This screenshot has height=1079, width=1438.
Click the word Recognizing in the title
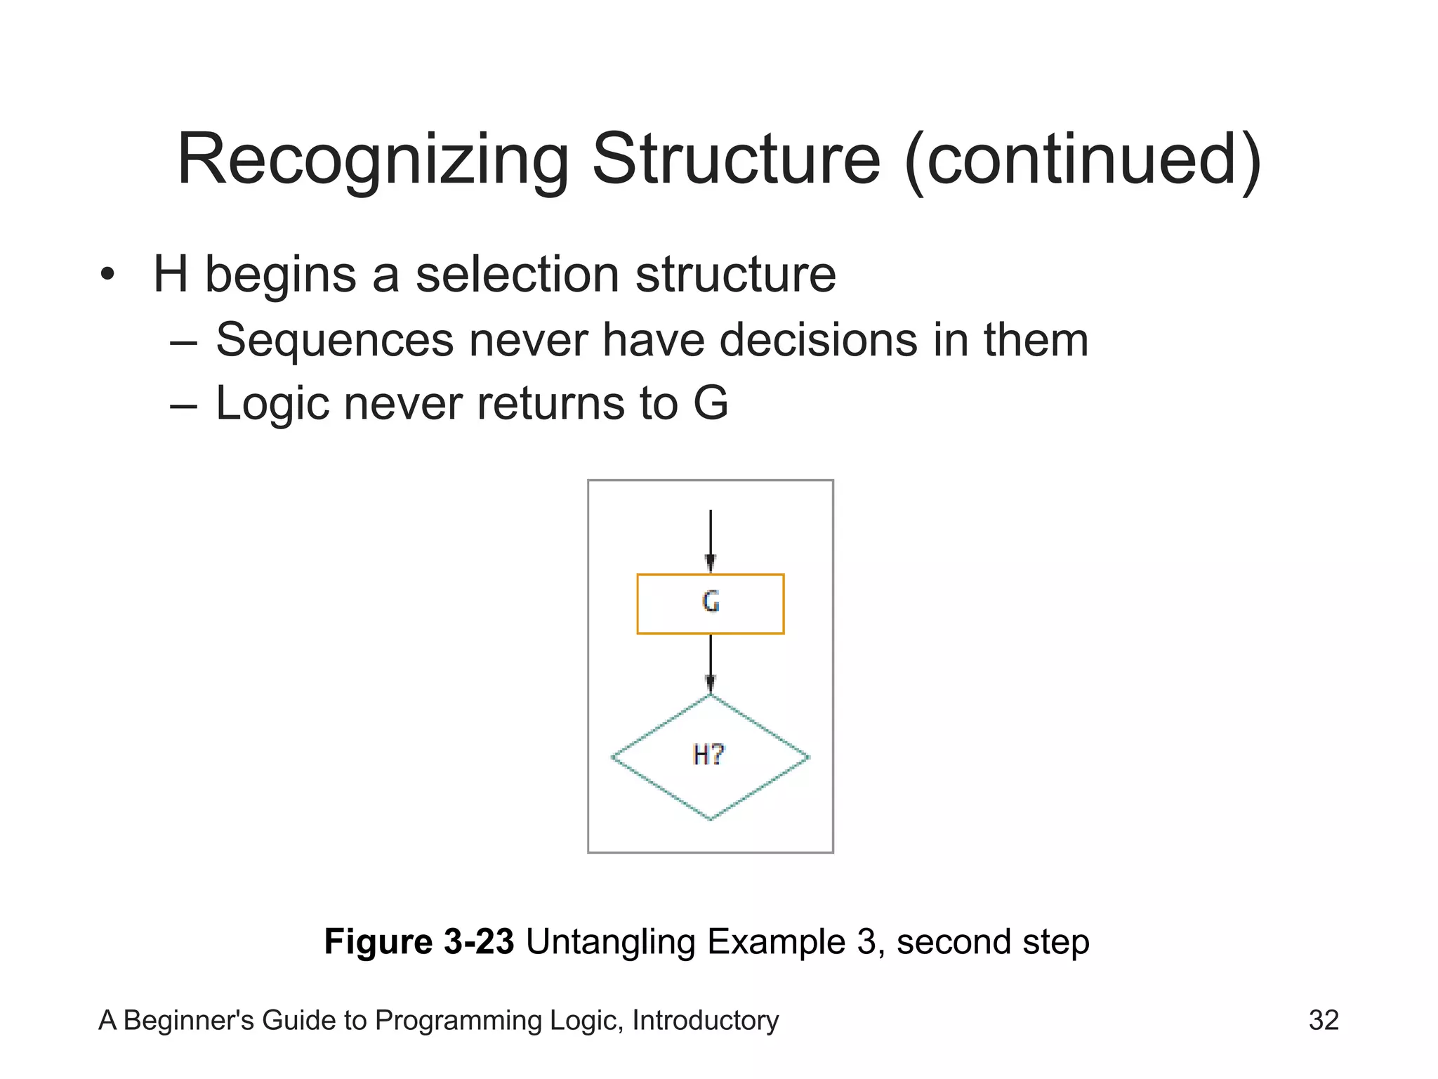click(373, 160)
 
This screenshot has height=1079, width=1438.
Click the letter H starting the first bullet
click(171, 274)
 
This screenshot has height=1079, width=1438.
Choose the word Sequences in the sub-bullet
click(335, 340)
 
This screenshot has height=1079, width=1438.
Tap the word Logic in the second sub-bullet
click(272, 404)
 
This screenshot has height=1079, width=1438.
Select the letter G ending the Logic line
click(711, 403)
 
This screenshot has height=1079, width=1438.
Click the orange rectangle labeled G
click(710, 604)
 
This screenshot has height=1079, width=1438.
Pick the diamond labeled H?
click(710, 757)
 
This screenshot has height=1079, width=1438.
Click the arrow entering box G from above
click(710, 541)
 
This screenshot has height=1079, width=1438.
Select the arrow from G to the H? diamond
click(710, 664)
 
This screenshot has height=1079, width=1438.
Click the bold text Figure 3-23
click(419, 941)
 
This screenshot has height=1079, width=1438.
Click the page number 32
click(1324, 1020)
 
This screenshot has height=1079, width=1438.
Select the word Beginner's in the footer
click(185, 1020)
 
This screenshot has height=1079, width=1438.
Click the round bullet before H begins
click(106, 275)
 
